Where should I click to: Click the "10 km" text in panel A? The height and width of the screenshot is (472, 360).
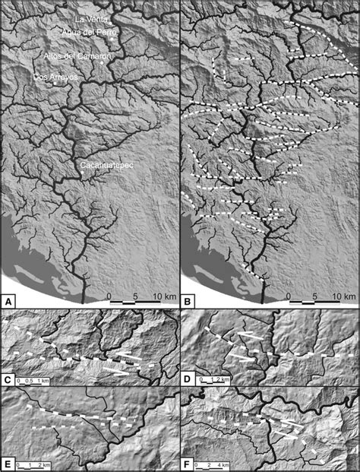[161, 293]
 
